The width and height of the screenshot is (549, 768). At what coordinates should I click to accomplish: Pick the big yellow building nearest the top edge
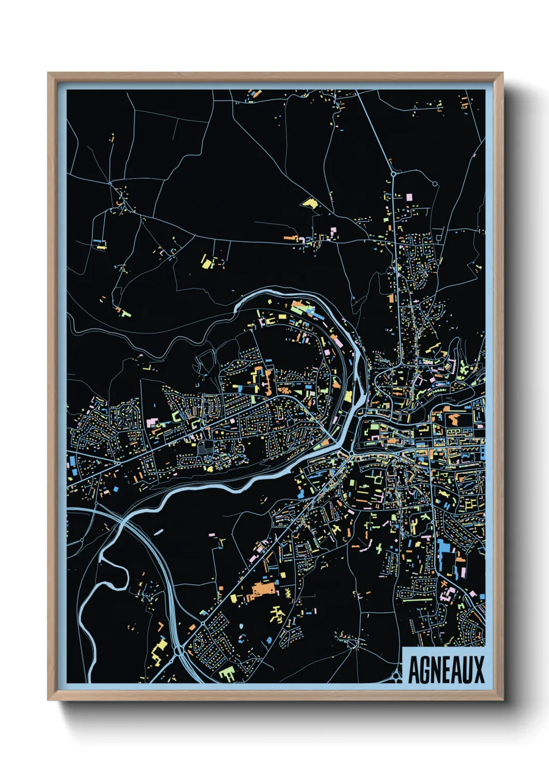(x=310, y=202)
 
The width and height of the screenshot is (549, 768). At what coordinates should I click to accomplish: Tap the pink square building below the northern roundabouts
(x=409, y=197)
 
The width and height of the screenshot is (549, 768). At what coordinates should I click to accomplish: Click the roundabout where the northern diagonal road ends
(x=393, y=174)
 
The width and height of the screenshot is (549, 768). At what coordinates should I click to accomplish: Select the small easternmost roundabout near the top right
(x=435, y=183)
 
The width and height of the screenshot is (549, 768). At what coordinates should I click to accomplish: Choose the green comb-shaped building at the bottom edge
(x=226, y=674)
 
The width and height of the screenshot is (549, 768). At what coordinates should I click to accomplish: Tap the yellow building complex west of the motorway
(x=159, y=649)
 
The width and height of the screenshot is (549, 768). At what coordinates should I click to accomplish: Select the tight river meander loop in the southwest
(x=112, y=571)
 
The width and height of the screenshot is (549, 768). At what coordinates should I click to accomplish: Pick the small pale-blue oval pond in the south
(x=159, y=531)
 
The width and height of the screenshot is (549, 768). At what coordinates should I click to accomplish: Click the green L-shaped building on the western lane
(x=125, y=313)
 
